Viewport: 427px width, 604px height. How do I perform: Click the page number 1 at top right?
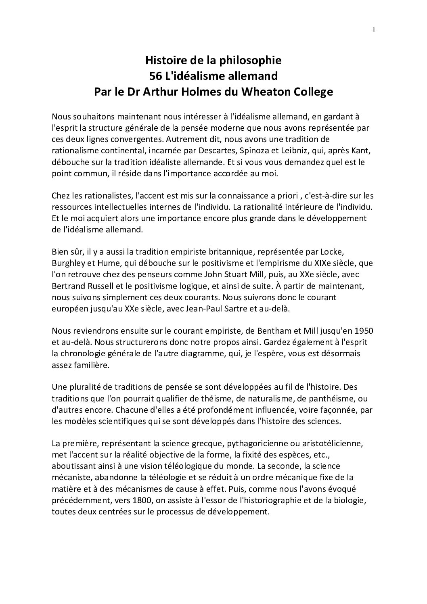click(374, 29)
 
